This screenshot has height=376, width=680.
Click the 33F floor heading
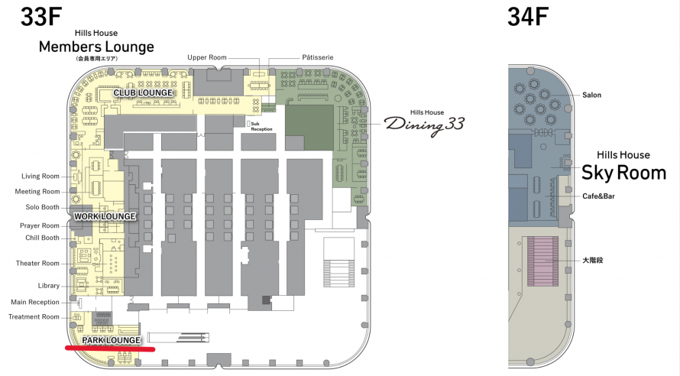pos(41,18)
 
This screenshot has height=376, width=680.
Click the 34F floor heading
pos(528,18)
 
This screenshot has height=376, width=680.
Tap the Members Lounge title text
pos(96,47)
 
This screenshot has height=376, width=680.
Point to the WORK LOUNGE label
pos(105,216)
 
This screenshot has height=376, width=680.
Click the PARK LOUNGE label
pos(112,339)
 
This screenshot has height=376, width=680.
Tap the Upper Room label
pos(206,58)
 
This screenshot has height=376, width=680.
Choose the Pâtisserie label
pos(318,58)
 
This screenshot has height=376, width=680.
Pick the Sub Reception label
pos(262,125)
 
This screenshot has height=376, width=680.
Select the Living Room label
pos(40,177)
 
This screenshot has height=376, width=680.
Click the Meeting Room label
pos(37,192)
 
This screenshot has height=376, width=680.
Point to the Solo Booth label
pos(40,208)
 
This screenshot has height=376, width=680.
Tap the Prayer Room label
pos(40,225)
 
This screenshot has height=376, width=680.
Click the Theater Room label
pos(37,264)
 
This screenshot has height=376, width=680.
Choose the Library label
pos(47,286)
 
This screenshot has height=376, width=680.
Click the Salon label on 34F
pos(591,95)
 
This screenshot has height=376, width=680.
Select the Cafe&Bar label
pos(597,196)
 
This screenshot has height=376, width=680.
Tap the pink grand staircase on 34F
pos(543,261)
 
